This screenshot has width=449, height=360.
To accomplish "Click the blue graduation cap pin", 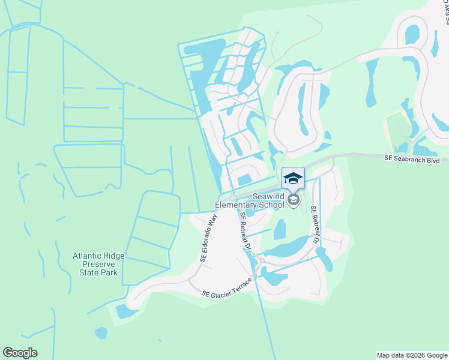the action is pyautogui.click(x=293, y=178).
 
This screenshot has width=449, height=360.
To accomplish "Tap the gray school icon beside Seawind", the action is pyautogui.click(x=293, y=199).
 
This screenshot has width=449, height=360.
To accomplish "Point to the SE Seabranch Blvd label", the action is pyautogui.click(x=412, y=160).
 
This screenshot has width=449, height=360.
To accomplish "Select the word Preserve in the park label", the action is pyautogui.click(x=98, y=264).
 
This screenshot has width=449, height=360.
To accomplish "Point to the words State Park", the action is pyautogui.click(x=98, y=272).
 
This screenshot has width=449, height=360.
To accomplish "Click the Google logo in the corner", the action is pyautogui.click(x=20, y=353).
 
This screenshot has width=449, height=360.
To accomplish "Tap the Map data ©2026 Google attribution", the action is pyautogui.click(x=412, y=355).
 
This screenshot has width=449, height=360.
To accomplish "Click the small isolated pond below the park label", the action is pyautogui.click(x=101, y=332).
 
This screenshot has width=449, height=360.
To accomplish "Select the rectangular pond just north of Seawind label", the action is pyautogui.click(x=245, y=179).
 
